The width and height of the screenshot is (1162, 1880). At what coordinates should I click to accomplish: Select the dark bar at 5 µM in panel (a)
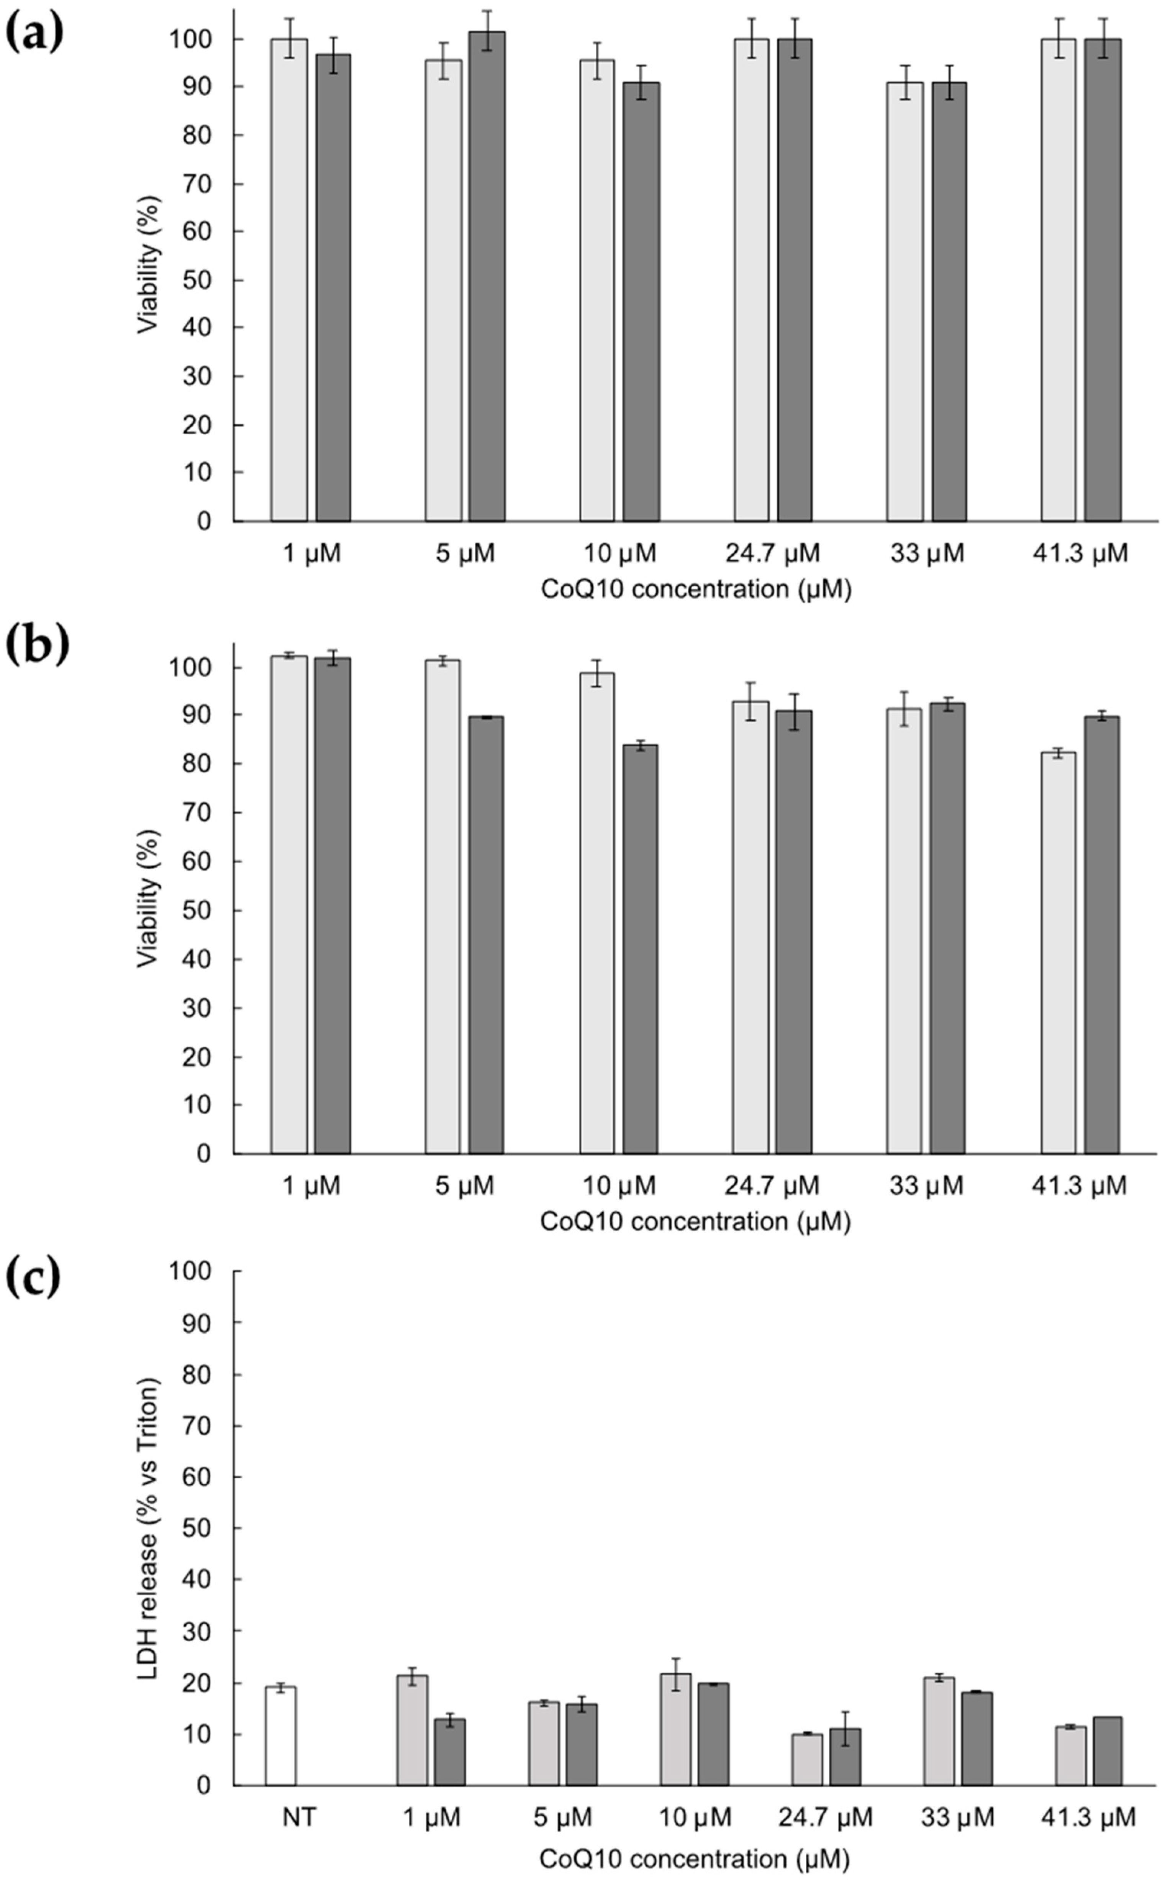pos(487,277)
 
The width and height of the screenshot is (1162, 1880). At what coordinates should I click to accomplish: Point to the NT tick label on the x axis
pos(299,1817)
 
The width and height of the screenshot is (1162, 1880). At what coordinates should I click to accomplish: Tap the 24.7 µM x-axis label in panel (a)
pos(772,553)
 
